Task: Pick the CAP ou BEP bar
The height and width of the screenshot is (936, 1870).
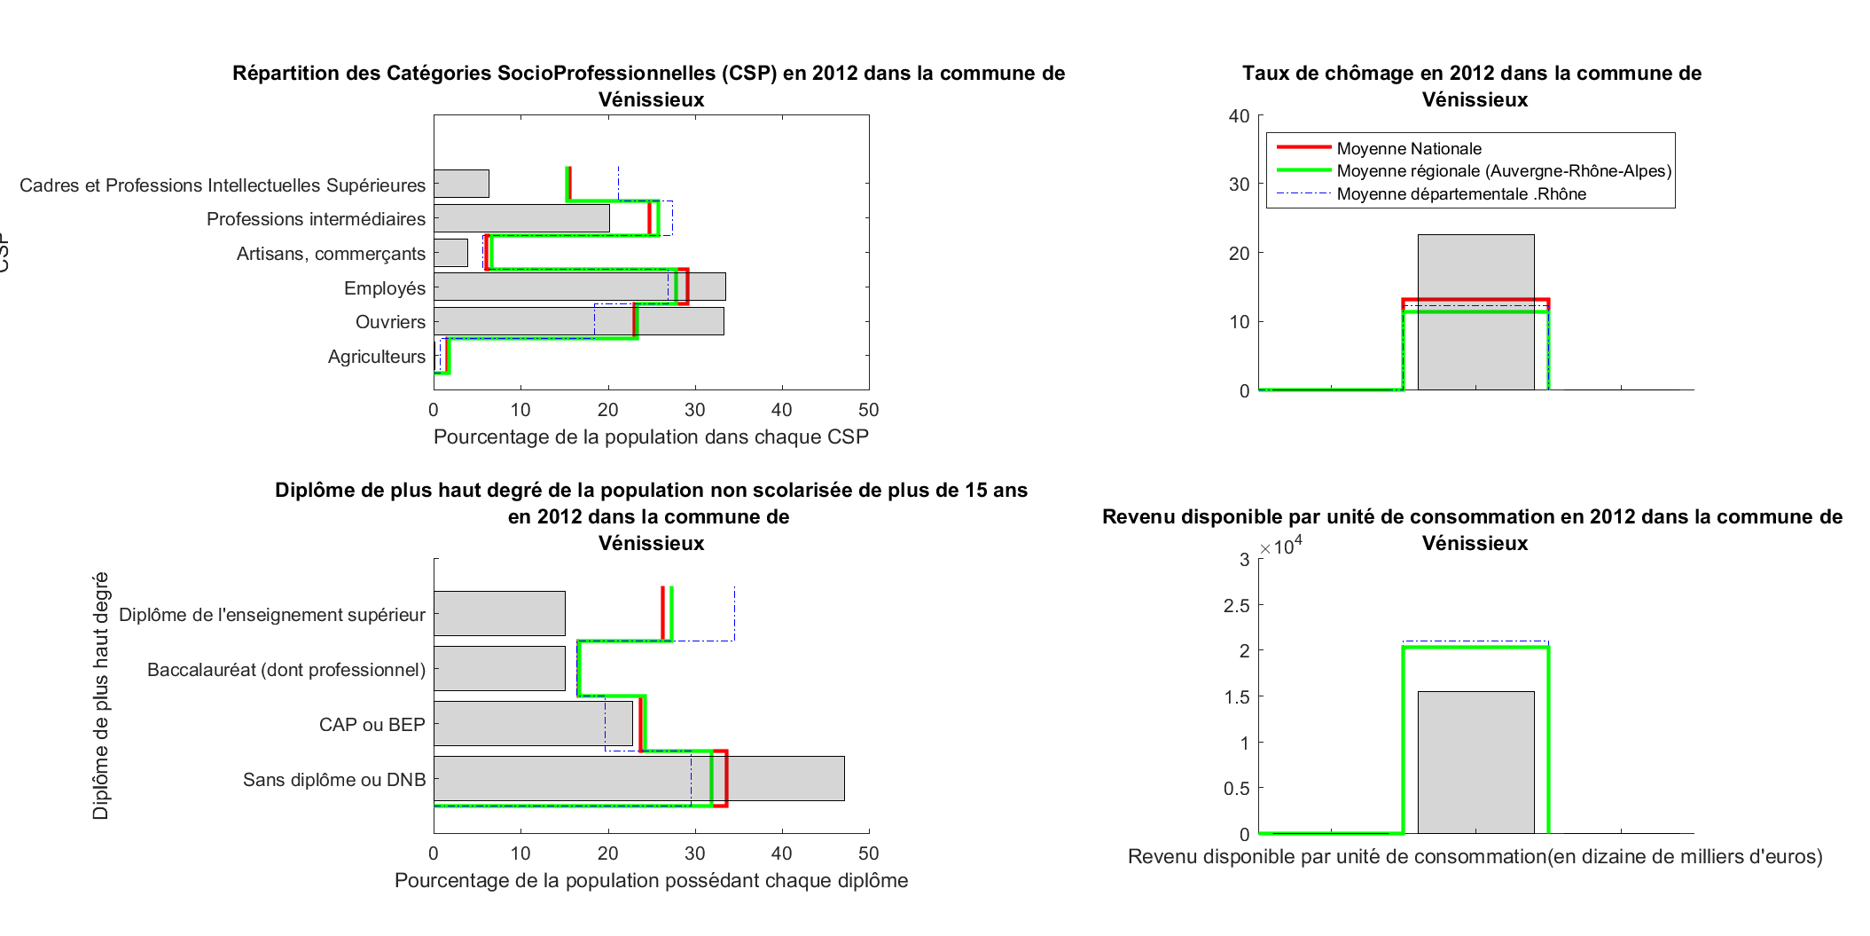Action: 532,723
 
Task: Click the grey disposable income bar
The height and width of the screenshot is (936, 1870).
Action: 1475,763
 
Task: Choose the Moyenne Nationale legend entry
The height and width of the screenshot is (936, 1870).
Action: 1408,148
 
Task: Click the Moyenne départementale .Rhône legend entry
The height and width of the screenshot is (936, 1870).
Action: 1460,193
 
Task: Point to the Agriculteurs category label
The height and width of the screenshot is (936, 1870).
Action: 377,357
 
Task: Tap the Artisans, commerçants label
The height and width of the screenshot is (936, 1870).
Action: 331,254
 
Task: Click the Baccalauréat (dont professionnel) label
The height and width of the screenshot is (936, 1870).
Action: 286,670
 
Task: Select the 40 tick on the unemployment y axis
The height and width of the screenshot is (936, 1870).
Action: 1239,116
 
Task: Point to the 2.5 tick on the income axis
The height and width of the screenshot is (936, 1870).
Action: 1236,606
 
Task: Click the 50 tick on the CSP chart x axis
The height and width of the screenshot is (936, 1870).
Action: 868,410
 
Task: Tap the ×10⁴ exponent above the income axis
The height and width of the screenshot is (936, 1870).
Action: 1281,546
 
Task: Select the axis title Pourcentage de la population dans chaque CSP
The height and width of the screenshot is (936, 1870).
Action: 651,437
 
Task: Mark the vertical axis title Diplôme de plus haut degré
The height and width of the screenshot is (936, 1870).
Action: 101,696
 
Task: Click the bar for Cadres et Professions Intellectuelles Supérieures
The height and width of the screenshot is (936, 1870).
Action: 461,184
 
